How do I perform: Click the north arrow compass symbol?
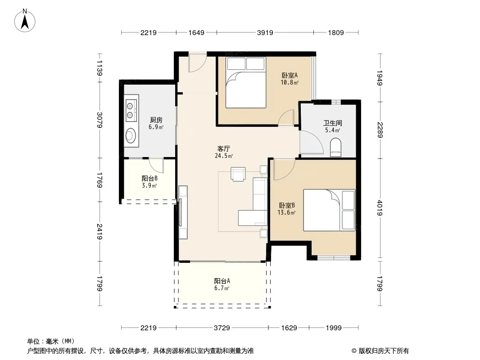coord(25,21)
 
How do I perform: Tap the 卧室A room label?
coord(290,75)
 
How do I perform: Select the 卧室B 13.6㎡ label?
coord(286,209)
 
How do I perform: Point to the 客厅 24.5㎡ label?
coord(224,152)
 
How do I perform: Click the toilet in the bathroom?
coord(336,147)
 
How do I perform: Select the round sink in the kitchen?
coord(131,135)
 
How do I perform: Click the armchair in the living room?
coord(238,174)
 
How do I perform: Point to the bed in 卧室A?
coord(245,83)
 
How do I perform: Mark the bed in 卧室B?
coord(330,210)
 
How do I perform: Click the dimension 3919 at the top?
coord(265,32)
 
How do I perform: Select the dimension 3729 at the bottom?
coord(222,328)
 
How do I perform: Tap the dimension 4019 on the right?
coord(380,208)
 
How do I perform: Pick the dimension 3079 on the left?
coord(100,120)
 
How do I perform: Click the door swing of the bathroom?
coord(312,142)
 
